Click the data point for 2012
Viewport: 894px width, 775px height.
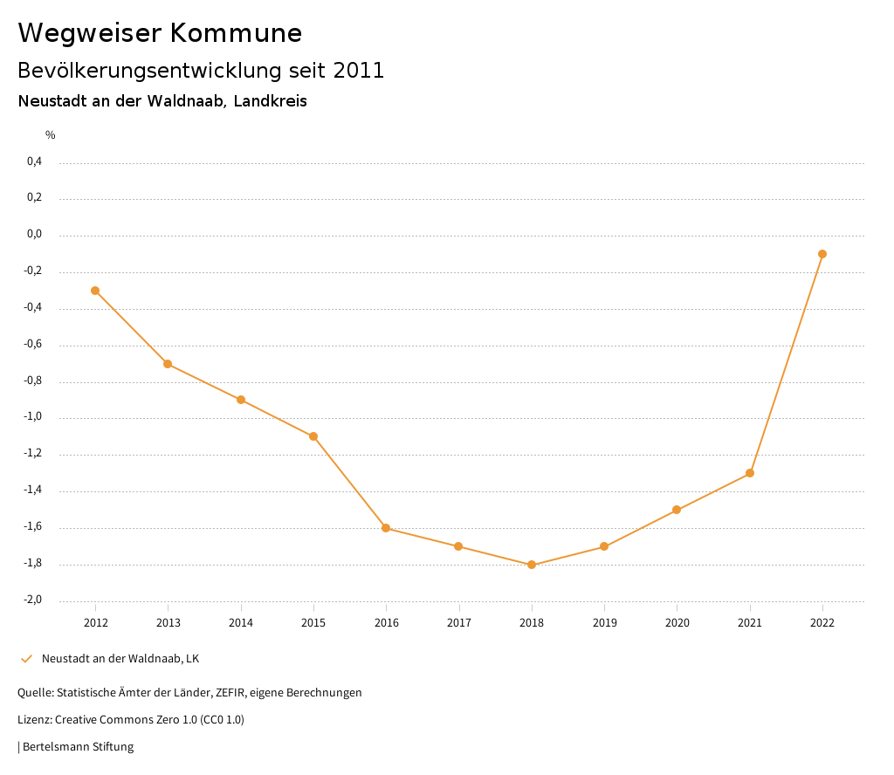(95, 291)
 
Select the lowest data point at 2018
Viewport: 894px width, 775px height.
(532, 565)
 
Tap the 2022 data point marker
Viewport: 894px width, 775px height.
(822, 254)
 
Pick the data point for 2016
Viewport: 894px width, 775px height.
(386, 528)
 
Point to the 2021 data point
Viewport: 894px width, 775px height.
(750, 473)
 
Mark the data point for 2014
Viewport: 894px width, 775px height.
(241, 400)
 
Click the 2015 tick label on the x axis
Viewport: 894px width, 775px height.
(313, 623)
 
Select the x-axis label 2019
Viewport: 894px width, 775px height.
(604, 623)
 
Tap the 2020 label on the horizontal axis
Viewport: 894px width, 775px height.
(677, 623)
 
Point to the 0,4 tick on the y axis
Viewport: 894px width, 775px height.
(34, 161)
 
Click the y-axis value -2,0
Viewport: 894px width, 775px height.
(33, 600)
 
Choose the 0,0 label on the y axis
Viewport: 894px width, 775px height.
(34, 234)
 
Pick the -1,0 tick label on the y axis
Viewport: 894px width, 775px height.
(33, 417)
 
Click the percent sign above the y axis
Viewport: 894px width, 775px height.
(51, 135)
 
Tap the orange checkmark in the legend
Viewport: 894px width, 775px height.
(26, 659)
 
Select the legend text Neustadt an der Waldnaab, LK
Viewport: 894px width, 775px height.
(120, 659)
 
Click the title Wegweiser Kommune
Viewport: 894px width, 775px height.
(160, 33)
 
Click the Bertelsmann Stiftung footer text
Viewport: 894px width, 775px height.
(78, 747)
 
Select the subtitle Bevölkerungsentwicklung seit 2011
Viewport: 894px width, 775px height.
(201, 71)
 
